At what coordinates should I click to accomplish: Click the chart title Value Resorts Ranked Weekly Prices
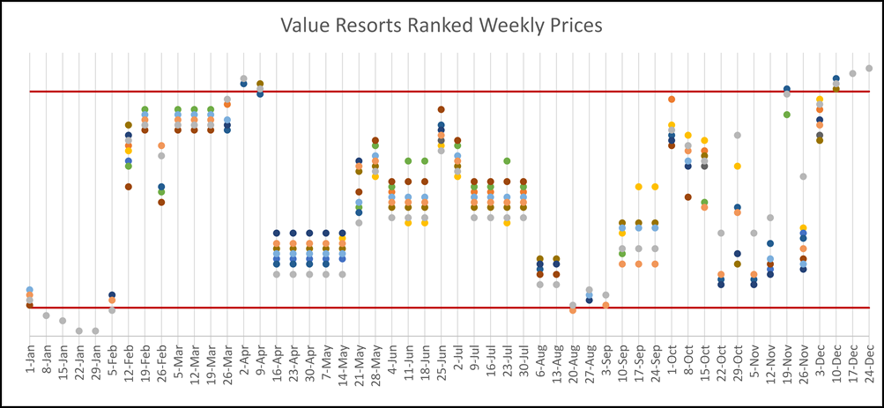click(441, 26)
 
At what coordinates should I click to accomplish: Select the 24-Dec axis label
click(869, 361)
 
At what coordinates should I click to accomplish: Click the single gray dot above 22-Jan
click(79, 330)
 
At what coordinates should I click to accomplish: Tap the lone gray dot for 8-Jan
click(46, 315)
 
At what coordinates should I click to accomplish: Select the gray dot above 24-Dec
click(869, 68)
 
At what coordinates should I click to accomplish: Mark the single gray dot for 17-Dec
click(852, 73)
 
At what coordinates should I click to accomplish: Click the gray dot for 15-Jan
click(63, 321)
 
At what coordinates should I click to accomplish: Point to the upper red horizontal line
click(441, 91)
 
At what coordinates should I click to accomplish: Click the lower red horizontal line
click(441, 308)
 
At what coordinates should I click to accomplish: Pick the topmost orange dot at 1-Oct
click(672, 100)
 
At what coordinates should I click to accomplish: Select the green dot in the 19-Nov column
click(786, 115)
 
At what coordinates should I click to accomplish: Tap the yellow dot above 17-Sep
click(638, 187)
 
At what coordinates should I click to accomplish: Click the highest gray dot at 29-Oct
click(737, 135)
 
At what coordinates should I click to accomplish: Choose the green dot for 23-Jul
click(507, 161)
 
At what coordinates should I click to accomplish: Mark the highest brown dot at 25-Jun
click(441, 109)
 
